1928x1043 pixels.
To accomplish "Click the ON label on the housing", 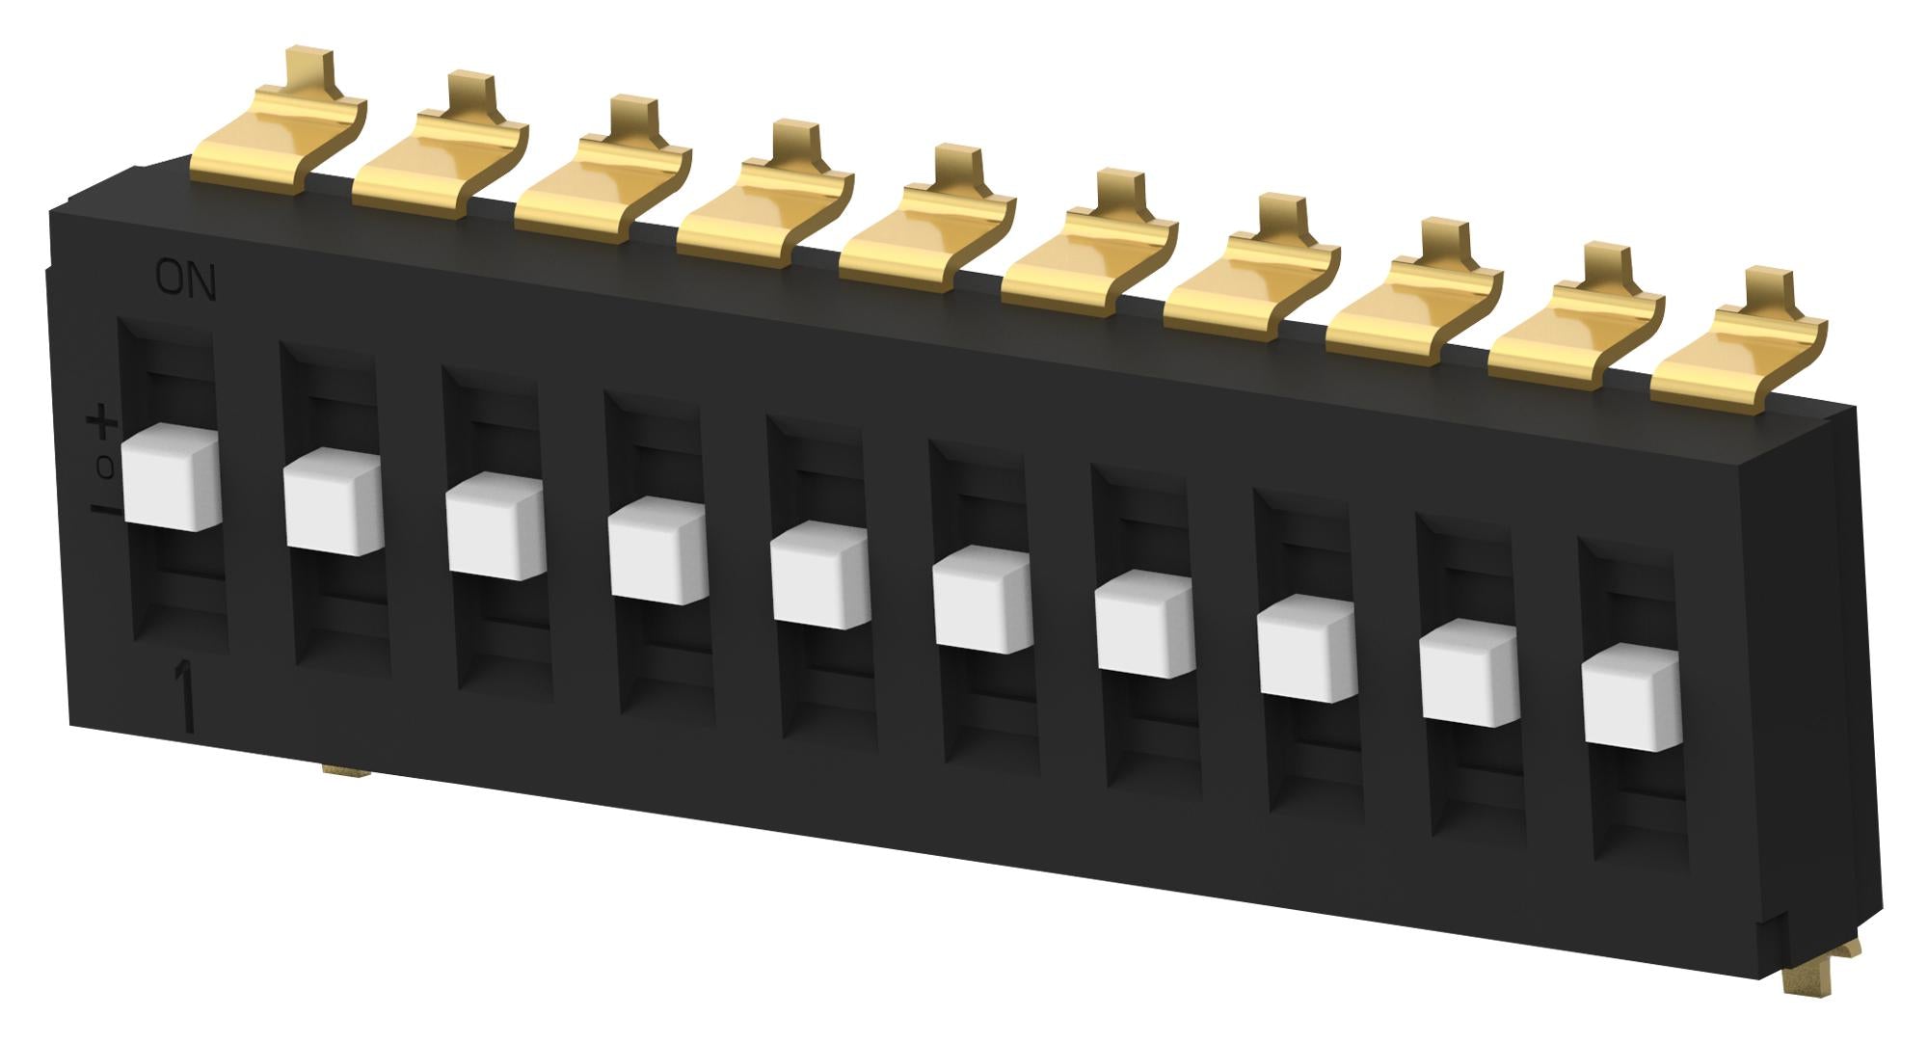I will click(x=186, y=281).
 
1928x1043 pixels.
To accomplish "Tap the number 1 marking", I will click(x=183, y=698).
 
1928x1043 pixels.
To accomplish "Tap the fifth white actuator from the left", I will click(x=820, y=575).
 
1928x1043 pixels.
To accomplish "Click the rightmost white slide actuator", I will click(x=1631, y=697).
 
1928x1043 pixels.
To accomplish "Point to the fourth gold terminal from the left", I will click(x=766, y=201).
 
